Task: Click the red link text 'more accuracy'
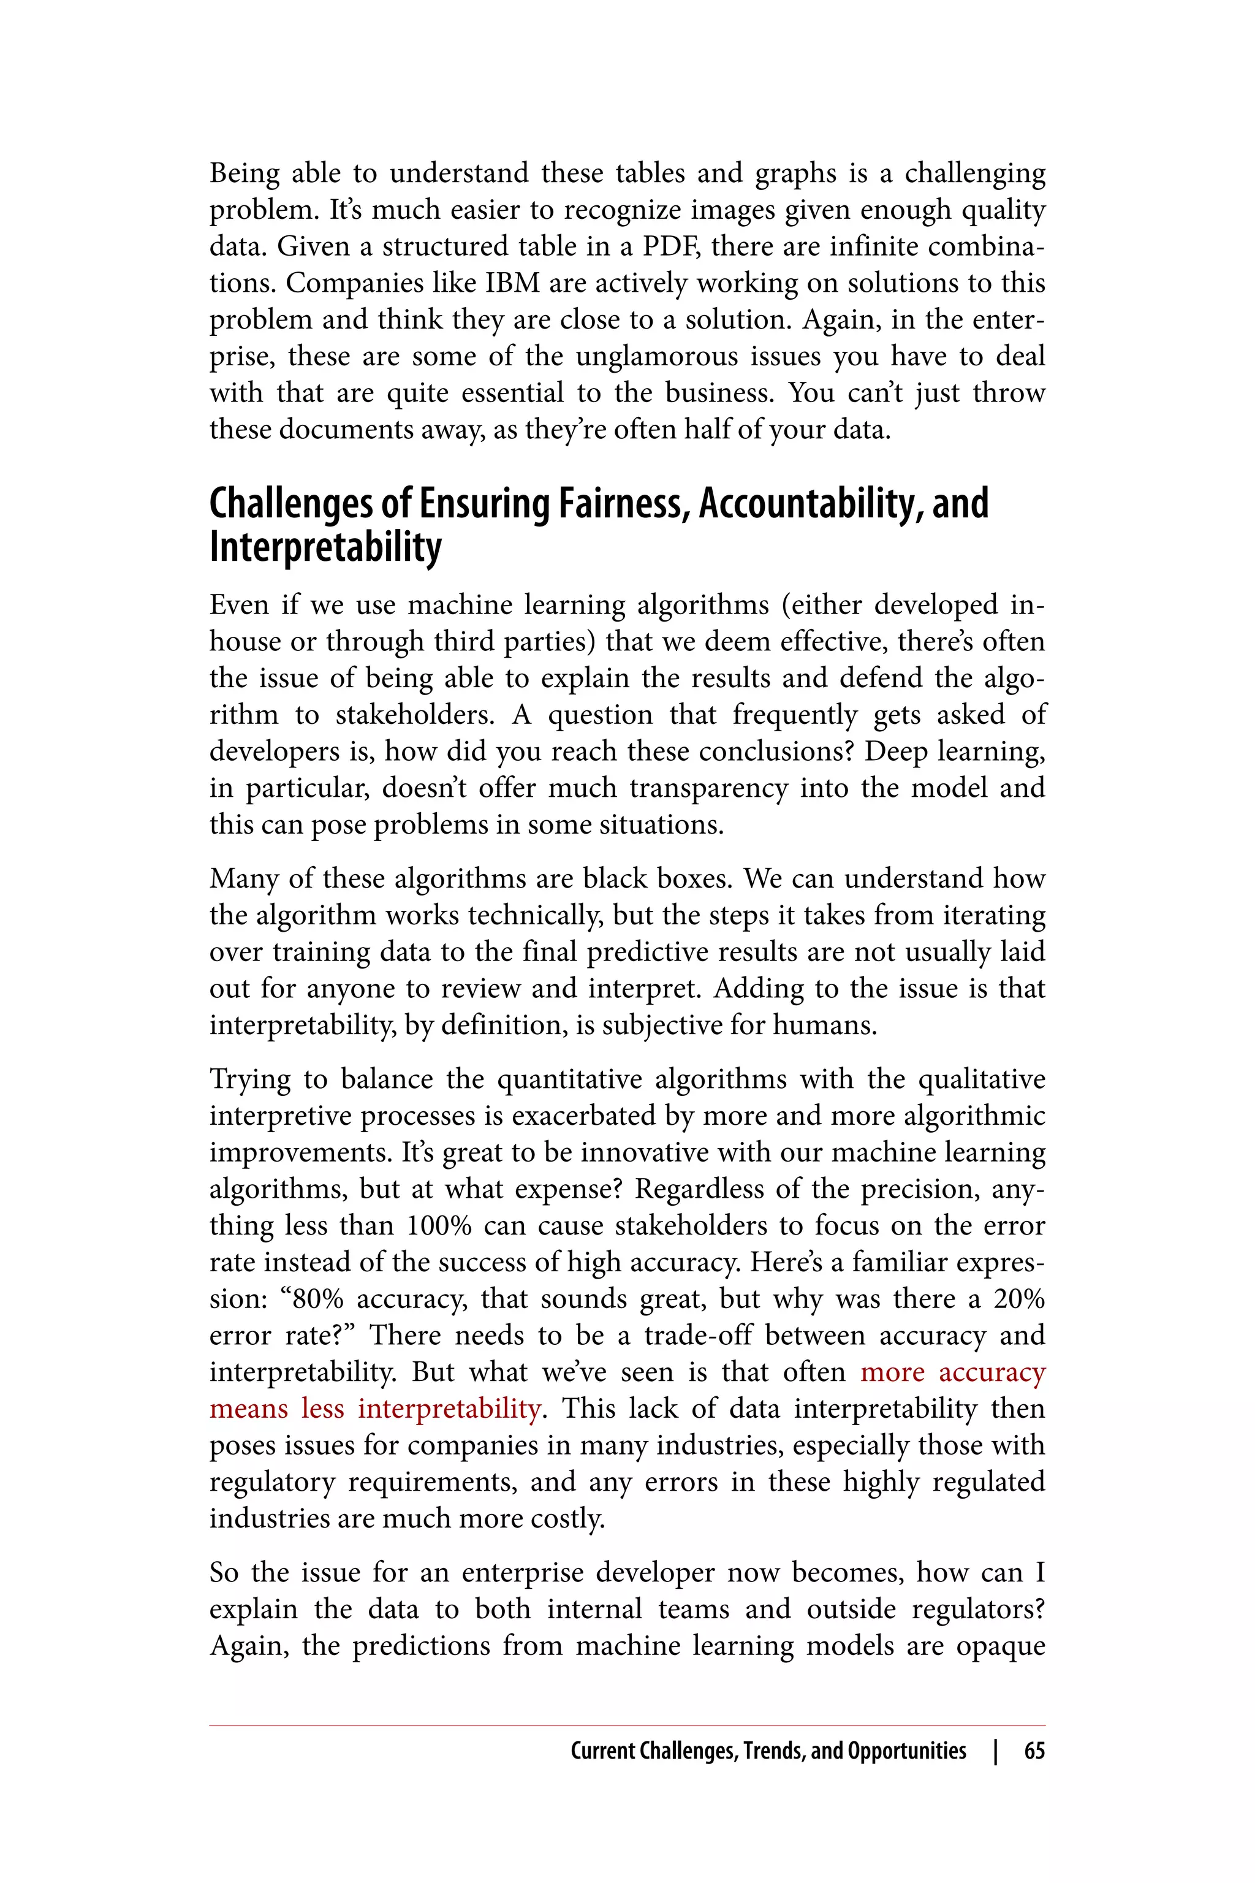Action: coord(952,1372)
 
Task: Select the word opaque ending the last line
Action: coord(1001,1647)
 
